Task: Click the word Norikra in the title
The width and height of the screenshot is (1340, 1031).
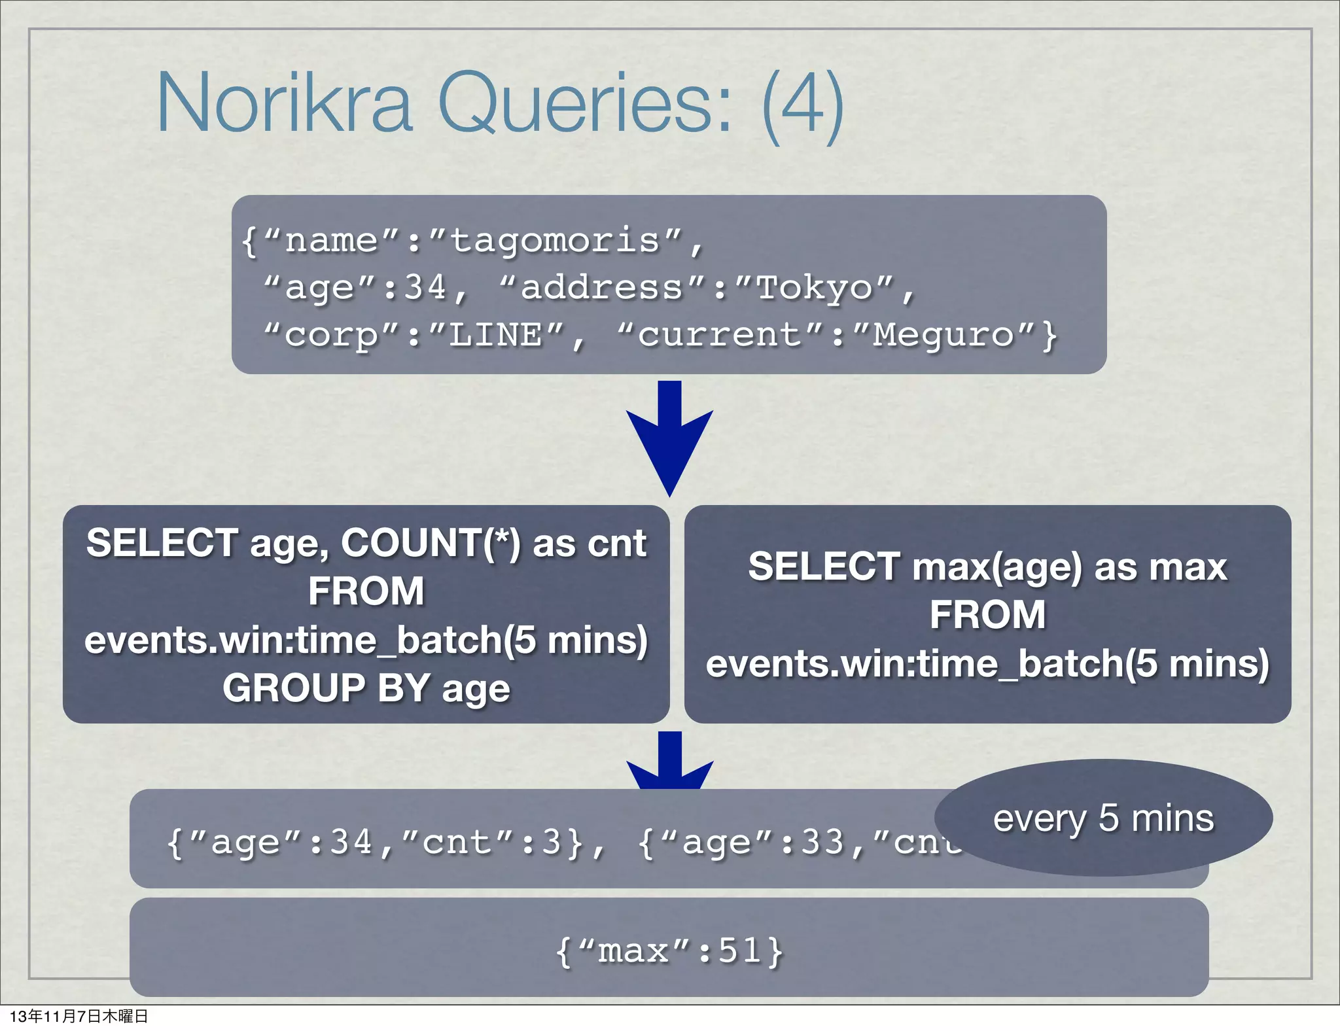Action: pyautogui.click(x=285, y=103)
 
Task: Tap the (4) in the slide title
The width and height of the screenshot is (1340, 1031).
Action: pyautogui.click(x=803, y=105)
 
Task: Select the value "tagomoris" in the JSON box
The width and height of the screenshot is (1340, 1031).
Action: pyautogui.click(x=555, y=240)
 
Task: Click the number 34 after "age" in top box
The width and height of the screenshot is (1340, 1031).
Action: pyautogui.click(x=425, y=287)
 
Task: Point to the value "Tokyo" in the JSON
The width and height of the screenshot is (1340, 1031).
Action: pyautogui.click(x=815, y=287)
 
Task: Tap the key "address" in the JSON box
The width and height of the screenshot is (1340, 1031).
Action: pyautogui.click(x=601, y=287)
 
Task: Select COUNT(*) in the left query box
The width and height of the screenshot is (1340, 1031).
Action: pyautogui.click(x=431, y=543)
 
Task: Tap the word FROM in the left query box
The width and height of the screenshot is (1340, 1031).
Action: pyautogui.click(x=366, y=591)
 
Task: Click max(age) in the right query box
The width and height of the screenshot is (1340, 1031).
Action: pyautogui.click(x=997, y=567)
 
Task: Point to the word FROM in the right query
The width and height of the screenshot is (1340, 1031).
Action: pyautogui.click(x=987, y=615)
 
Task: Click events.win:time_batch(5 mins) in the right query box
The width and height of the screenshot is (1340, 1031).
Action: pyautogui.click(x=987, y=663)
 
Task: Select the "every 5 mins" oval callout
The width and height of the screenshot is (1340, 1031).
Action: pyautogui.click(x=1103, y=818)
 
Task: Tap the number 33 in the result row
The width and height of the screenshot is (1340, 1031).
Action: pyautogui.click(x=822, y=842)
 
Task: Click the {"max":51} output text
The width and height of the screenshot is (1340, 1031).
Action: pyautogui.click(x=669, y=951)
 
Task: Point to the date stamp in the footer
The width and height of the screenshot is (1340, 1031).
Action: pyautogui.click(x=79, y=1016)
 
